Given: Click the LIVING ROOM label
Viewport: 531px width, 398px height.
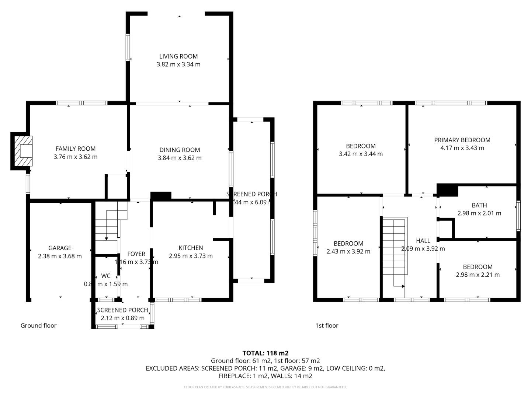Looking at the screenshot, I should pos(178,56).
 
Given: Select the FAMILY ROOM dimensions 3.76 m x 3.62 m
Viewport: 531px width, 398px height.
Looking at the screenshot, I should pos(76,157).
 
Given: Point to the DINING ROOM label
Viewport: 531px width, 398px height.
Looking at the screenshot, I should pos(180,150).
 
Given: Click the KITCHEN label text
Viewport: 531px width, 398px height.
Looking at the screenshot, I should pos(191,248).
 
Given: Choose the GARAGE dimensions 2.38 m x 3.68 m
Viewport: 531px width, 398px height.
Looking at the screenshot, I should pos(60,256).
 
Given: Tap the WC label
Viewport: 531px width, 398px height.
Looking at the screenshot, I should pos(106,276).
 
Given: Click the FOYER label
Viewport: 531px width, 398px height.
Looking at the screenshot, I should pos(136,254).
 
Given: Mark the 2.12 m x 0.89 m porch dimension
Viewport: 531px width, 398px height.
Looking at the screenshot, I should pos(122,318).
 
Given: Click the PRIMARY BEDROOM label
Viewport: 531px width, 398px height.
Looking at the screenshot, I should pos(462,140).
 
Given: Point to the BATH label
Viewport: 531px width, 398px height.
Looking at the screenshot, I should pos(479,205).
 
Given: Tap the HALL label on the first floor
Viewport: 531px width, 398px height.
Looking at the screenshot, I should pos(423,241).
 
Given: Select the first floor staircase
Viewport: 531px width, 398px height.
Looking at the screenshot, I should pos(395,247).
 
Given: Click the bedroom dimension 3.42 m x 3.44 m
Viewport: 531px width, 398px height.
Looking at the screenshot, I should pos(361,154).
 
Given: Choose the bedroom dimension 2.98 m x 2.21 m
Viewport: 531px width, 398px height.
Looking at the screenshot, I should pos(478,275).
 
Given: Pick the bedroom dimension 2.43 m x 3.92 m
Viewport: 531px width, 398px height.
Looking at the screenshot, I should pos(348,251).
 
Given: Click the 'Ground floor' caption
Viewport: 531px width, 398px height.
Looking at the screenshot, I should pos(38,325).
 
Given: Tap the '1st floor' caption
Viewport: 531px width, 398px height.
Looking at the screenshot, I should pos(327,325).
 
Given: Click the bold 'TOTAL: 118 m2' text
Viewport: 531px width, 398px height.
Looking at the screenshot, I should pos(265,353).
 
